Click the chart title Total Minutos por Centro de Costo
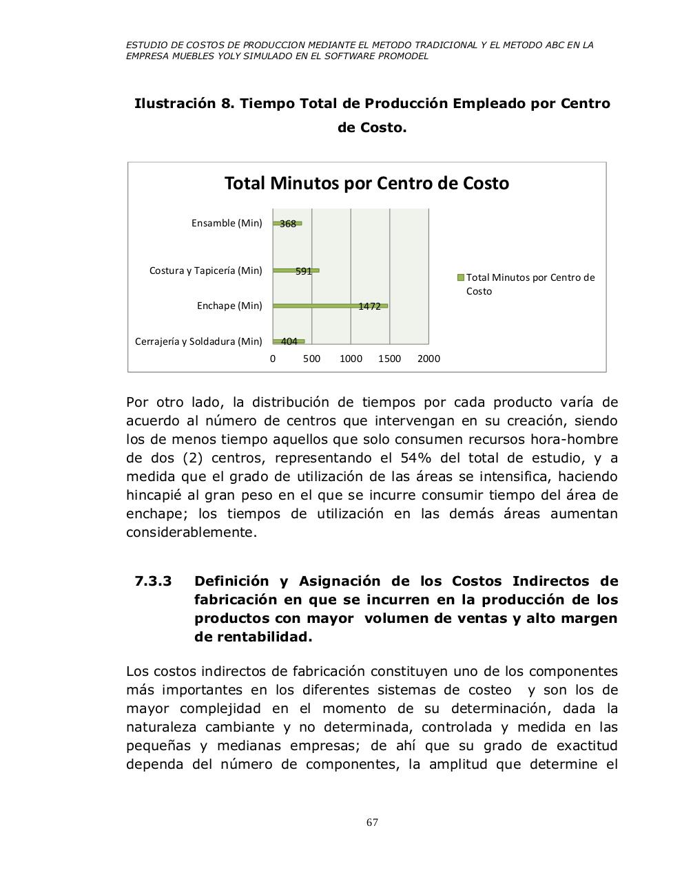pos(366,184)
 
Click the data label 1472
pos(370,306)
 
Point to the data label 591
pos(304,271)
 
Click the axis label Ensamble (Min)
pos(227,223)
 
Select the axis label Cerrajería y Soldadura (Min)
pos(198,341)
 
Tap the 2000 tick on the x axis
pos(428,359)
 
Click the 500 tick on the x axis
pos(311,359)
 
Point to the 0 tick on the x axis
pos(273,359)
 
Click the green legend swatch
pos(461,277)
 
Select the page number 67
pos(372,822)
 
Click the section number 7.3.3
pos(153,582)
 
